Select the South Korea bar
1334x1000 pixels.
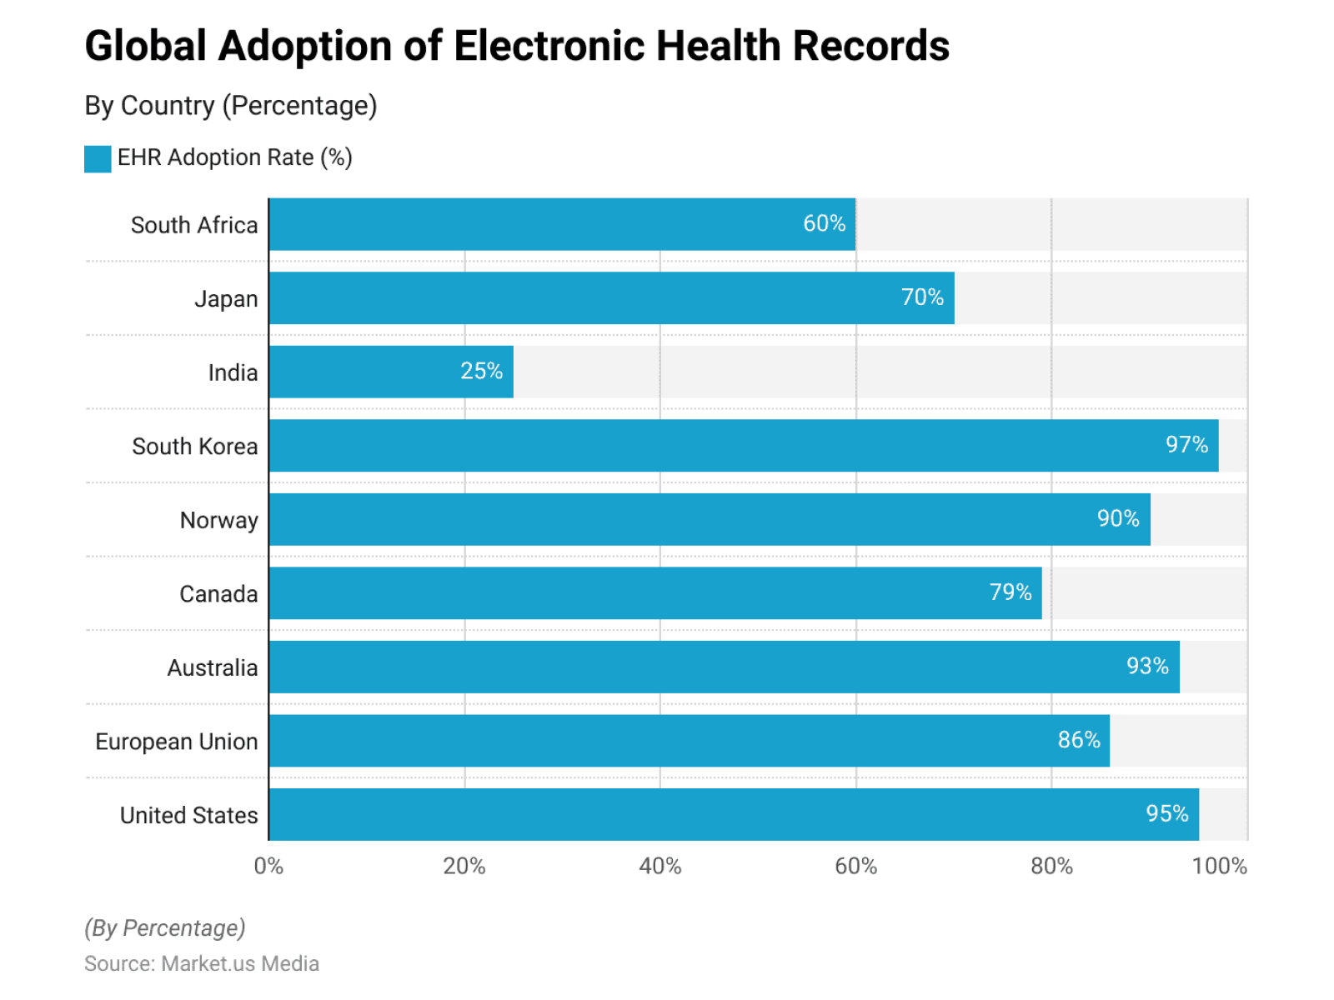pos(743,446)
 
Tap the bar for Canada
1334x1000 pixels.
pos(654,593)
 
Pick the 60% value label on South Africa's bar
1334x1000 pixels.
pos(824,223)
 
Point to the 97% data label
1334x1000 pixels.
pos(1186,445)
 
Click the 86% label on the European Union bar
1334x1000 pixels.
pos(1079,740)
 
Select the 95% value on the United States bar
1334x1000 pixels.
pos(1167,813)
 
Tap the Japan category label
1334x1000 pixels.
pos(226,299)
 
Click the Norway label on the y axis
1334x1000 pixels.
pos(219,520)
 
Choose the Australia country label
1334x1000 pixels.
pos(213,667)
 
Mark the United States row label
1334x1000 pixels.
pos(189,815)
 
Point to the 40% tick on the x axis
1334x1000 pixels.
pos(659,867)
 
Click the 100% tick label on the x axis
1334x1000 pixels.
pos(1219,867)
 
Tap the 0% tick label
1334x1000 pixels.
pos(268,867)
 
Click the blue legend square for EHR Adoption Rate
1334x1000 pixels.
pos(98,158)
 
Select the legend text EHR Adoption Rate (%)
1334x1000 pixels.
pos(234,157)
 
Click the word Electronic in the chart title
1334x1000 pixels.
pos(549,46)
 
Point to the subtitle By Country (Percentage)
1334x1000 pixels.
pos(231,106)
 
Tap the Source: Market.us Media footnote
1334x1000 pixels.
pos(202,963)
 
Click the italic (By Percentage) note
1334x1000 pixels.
pos(165,927)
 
